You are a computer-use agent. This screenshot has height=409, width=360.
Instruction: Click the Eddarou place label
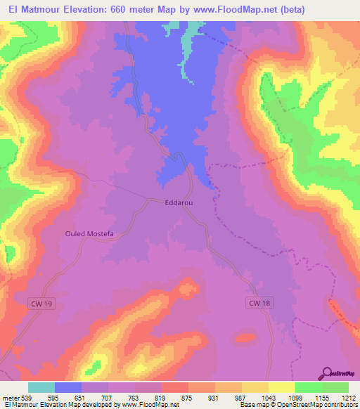(x=178, y=202)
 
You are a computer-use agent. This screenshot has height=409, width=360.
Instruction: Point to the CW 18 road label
(x=259, y=303)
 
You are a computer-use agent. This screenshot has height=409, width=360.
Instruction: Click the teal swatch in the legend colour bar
(x=41, y=387)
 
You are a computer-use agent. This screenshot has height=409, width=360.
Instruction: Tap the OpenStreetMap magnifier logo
(x=326, y=372)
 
